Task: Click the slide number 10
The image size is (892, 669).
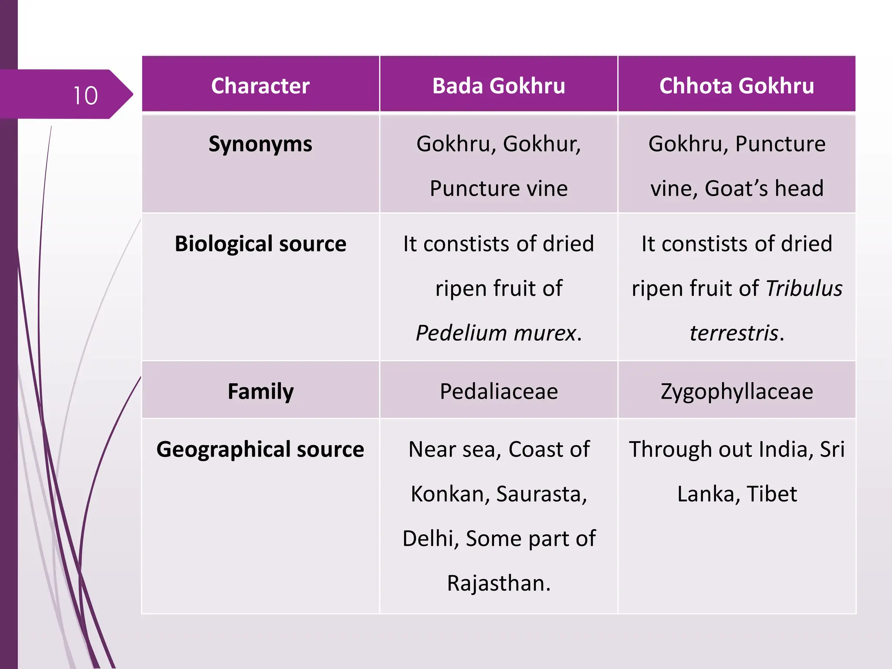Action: pyautogui.click(x=86, y=96)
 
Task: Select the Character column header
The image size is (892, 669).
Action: pyautogui.click(x=260, y=86)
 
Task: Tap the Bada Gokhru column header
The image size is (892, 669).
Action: pyautogui.click(x=499, y=86)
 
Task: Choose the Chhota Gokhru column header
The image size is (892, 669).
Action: pyautogui.click(x=737, y=86)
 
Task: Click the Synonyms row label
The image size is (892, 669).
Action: pyautogui.click(x=260, y=144)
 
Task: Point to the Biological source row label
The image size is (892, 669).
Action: pyautogui.click(x=260, y=244)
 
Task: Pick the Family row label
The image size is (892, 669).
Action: pyautogui.click(x=260, y=391)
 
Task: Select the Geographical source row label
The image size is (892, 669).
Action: pyautogui.click(x=260, y=449)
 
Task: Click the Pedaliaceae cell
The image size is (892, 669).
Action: pyautogui.click(x=499, y=391)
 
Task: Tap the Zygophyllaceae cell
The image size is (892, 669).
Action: pyautogui.click(x=737, y=391)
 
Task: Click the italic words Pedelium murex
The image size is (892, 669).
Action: pyautogui.click(x=496, y=333)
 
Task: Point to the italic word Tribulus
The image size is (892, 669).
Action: pyautogui.click(x=804, y=288)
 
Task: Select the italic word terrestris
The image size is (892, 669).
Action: pyautogui.click(x=734, y=333)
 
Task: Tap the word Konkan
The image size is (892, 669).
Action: pyautogui.click(x=447, y=494)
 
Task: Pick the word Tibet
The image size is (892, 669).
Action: pyautogui.click(x=772, y=494)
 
